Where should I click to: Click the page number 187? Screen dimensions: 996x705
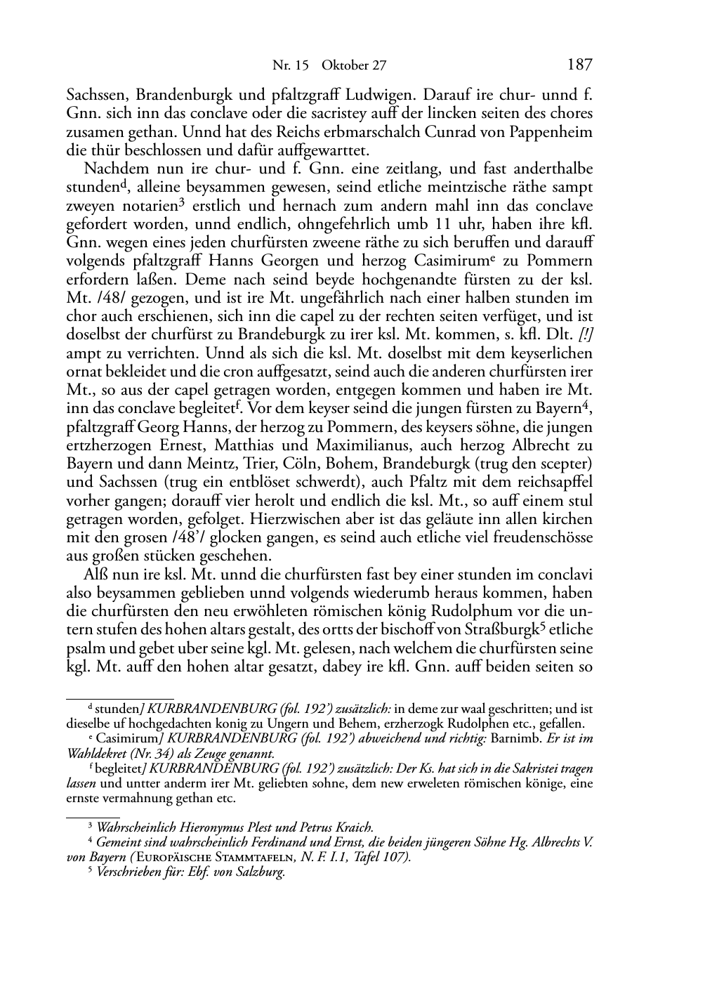click(579, 65)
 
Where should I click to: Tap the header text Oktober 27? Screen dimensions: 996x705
click(354, 66)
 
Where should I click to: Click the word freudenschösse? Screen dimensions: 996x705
click(538, 537)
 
